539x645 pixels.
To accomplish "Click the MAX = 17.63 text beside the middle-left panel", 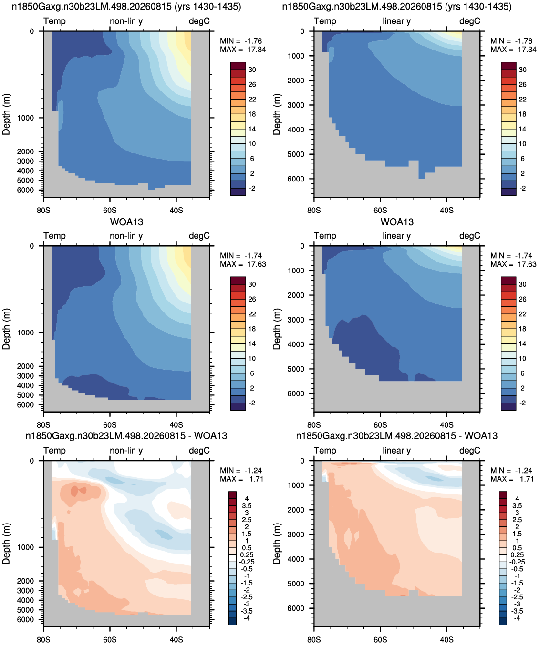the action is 243,264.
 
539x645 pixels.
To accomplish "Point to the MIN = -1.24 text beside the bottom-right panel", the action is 511,471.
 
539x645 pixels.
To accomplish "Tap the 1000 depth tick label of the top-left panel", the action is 25,118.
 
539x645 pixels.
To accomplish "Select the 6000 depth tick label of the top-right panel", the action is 296,179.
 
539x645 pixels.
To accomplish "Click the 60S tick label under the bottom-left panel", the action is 110,639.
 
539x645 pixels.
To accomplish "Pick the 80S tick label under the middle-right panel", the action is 314,425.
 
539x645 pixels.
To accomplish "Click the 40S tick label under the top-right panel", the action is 447,211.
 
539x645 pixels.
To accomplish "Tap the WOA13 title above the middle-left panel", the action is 126,222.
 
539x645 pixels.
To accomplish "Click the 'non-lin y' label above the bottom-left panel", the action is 126,450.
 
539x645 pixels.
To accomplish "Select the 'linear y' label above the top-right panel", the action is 397,21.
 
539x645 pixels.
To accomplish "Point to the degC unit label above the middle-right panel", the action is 470,236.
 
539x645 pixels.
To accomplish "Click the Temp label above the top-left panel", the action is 54,21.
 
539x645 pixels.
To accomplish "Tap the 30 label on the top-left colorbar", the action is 252,70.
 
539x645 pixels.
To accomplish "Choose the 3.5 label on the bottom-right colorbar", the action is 517,506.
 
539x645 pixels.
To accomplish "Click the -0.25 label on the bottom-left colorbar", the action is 246,562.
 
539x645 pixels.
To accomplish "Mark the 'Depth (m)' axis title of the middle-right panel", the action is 277,329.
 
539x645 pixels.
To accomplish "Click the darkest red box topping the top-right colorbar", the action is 508,66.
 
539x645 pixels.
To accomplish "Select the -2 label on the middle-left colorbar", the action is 252,403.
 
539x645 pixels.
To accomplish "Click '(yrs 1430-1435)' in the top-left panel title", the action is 208,6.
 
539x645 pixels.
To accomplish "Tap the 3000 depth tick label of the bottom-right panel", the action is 296,534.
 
